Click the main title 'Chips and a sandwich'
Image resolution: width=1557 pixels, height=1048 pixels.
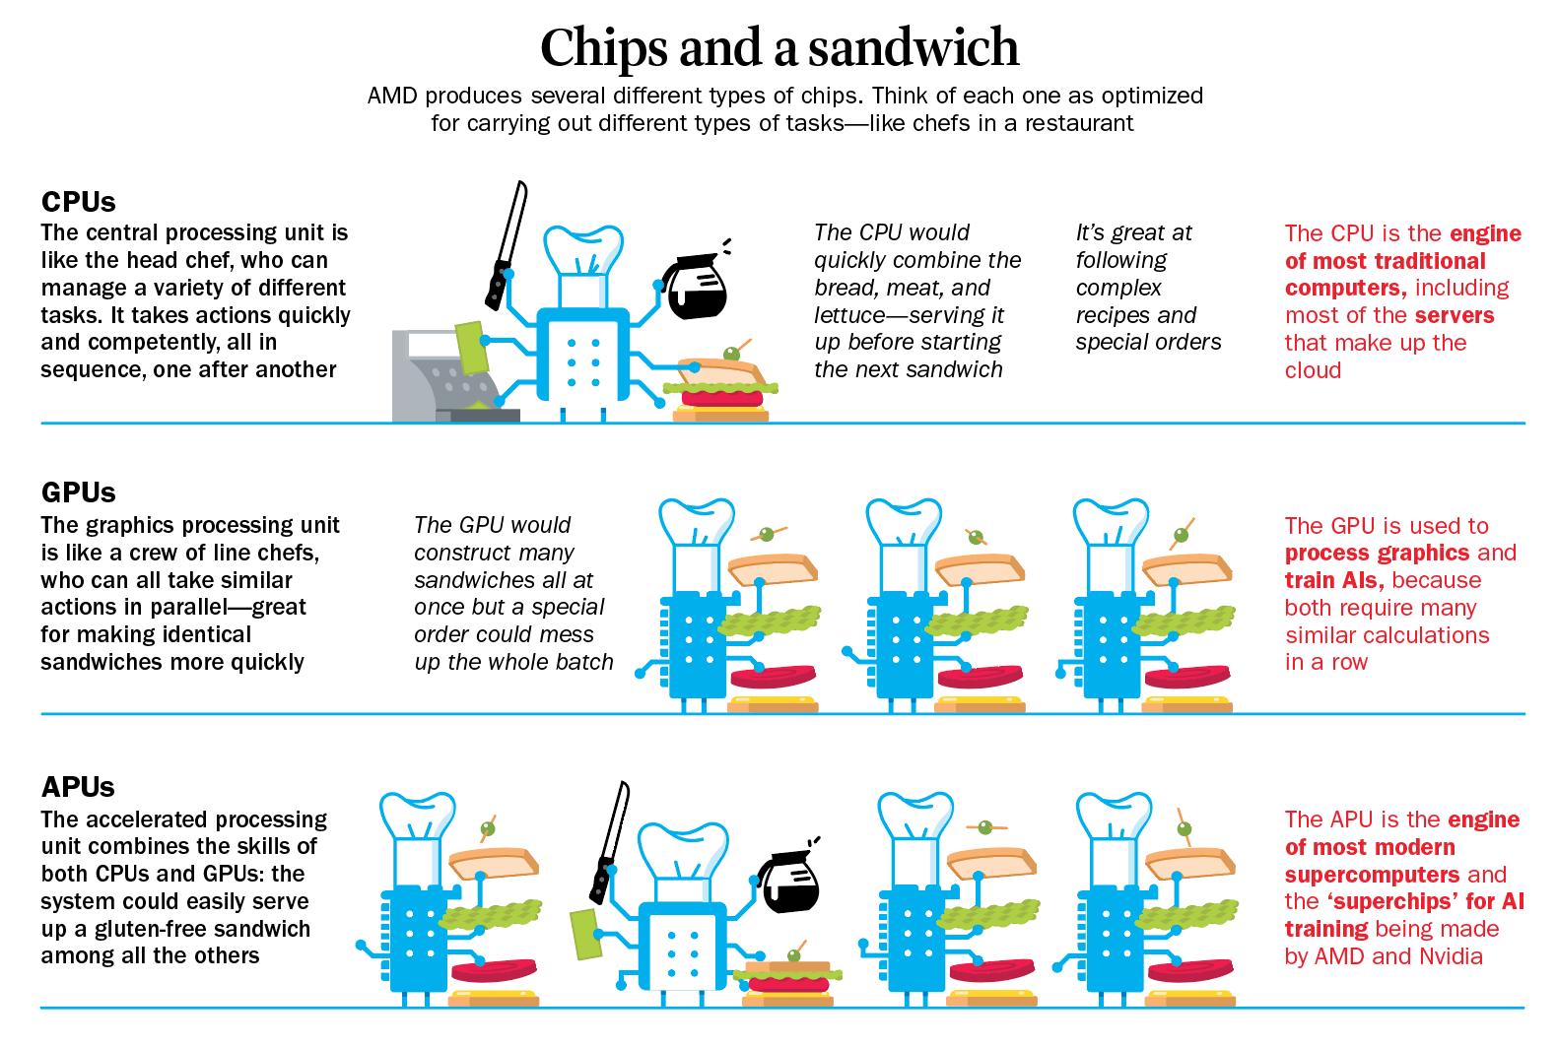tap(778, 47)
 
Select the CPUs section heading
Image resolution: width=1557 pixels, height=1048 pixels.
tap(78, 202)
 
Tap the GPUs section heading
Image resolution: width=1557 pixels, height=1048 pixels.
tap(78, 492)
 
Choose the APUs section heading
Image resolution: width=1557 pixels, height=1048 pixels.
tap(78, 787)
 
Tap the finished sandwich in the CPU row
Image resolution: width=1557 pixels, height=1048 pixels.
tap(720, 390)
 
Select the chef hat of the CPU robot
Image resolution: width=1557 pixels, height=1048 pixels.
tap(583, 251)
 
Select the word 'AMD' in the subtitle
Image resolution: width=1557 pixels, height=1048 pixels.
tap(392, 97)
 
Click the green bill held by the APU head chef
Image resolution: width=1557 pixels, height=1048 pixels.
tap(586, 934)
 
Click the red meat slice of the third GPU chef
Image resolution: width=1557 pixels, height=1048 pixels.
tap(1186, 677)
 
